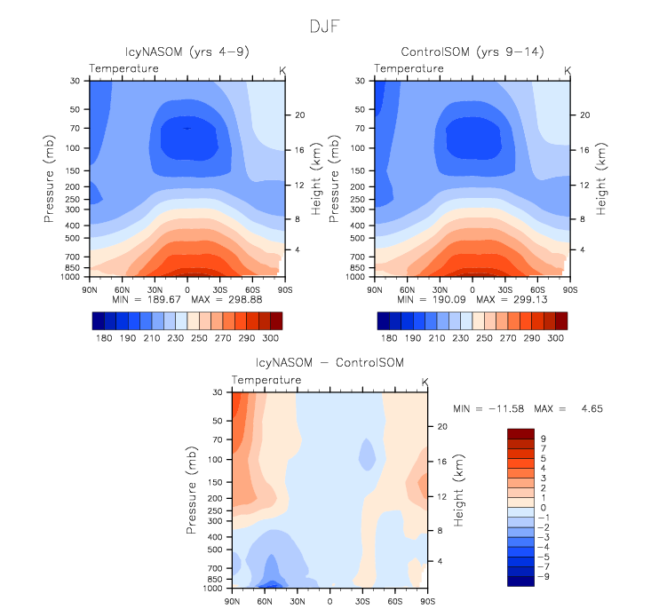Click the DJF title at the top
pos(325,26)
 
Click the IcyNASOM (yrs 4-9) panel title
pos(187,52)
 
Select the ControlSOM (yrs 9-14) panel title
pos(472,52)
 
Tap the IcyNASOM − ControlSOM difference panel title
pos(329,363)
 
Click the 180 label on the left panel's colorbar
pos(104,339)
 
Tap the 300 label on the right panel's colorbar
pos(555,339)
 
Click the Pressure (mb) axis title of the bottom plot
pos(192,490)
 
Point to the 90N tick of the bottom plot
pos(232,601)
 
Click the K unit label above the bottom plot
pos(425,382)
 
